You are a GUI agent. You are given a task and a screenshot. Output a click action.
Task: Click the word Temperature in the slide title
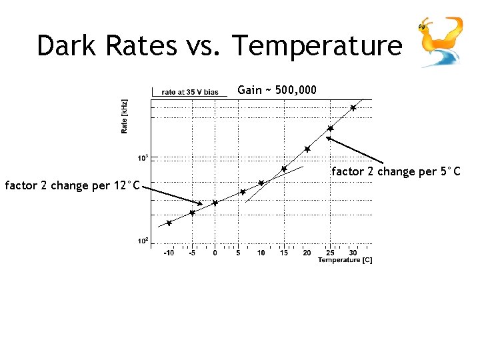[x=317, y=46]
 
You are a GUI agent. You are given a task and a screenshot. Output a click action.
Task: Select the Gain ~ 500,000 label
[x=277, y=90]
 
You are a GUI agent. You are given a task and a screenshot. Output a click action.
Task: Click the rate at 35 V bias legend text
[x=190, y=92]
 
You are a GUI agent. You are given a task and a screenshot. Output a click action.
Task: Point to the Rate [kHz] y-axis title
[x=125, y=117]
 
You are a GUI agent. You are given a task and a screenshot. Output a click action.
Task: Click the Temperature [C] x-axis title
[x=345, y=260]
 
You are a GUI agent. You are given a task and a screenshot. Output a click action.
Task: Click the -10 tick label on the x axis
[x=169, y=253]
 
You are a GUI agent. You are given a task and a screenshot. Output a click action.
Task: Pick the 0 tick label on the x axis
[x=215, y=253]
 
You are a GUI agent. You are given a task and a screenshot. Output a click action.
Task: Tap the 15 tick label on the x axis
[x=283, y=253]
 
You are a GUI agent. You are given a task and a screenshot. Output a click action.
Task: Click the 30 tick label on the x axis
[x=353, y=253]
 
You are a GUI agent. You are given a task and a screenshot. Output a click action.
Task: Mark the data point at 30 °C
[x=353, y=107]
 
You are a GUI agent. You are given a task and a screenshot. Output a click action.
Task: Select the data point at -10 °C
[x=169, y=223]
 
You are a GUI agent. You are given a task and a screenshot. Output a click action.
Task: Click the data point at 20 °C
[x=307, y=149]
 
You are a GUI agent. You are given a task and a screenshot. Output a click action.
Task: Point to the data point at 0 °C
[x=215, y=203]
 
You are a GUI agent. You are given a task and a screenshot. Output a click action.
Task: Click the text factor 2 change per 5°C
[x=396, y=171]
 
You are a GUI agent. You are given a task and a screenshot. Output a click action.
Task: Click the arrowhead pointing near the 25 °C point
[x=328, y=139]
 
